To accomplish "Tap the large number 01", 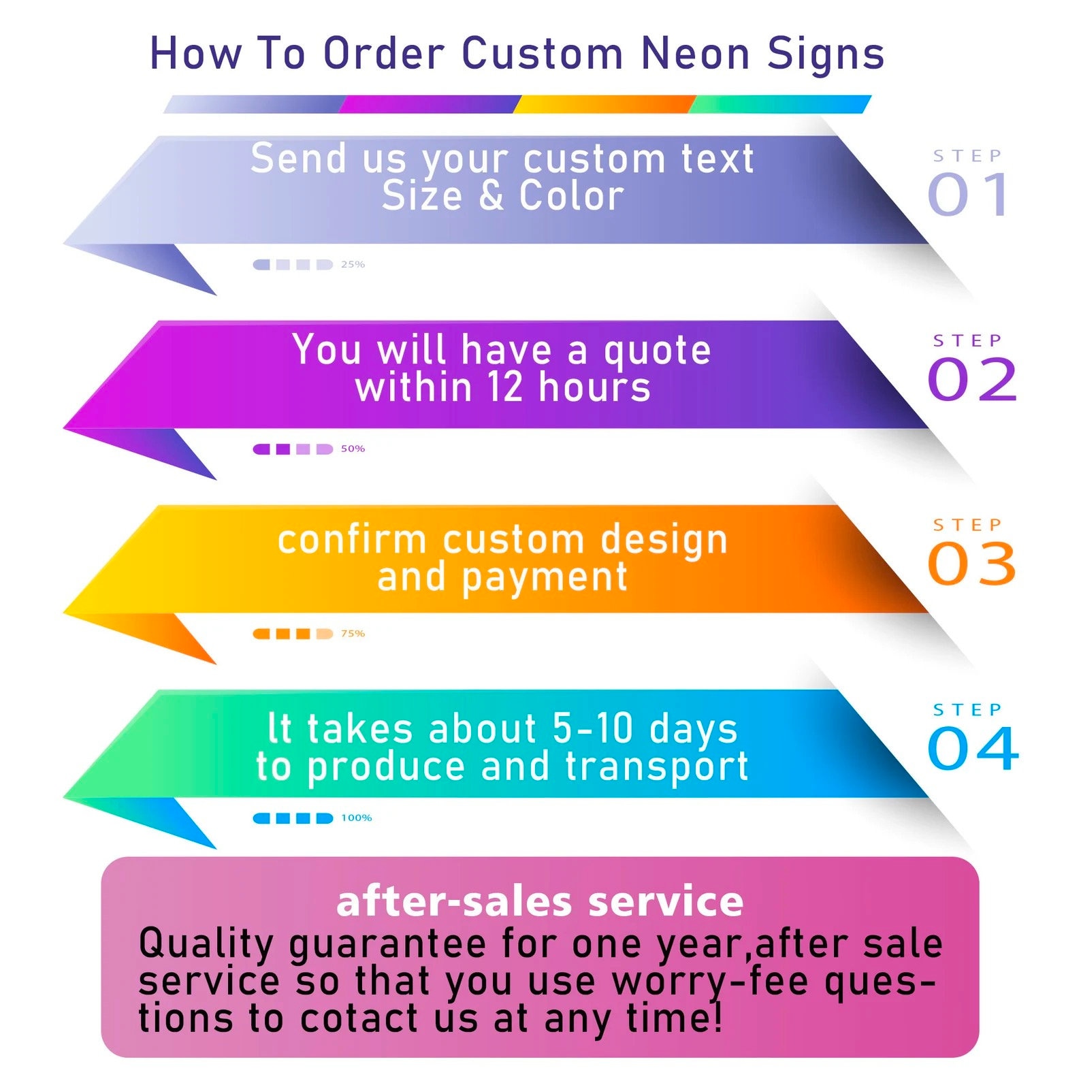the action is [968, 195].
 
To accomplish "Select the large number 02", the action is [972, 379].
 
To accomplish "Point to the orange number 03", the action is [972, 564].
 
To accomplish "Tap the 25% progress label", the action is [353, 264].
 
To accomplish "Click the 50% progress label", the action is [353, 449].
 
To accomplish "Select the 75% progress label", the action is [353, 633].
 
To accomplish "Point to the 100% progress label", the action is [356, 818].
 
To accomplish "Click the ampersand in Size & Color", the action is [491, 196].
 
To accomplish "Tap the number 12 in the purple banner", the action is [505, 387].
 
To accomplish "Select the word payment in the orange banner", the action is [544, 579].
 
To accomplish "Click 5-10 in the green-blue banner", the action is [592, 728].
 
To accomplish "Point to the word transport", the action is [657, 767].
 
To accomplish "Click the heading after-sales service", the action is [540, 901].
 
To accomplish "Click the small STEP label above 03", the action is [967, 525].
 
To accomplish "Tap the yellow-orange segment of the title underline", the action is [604, 104].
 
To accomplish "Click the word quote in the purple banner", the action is [657, 352].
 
